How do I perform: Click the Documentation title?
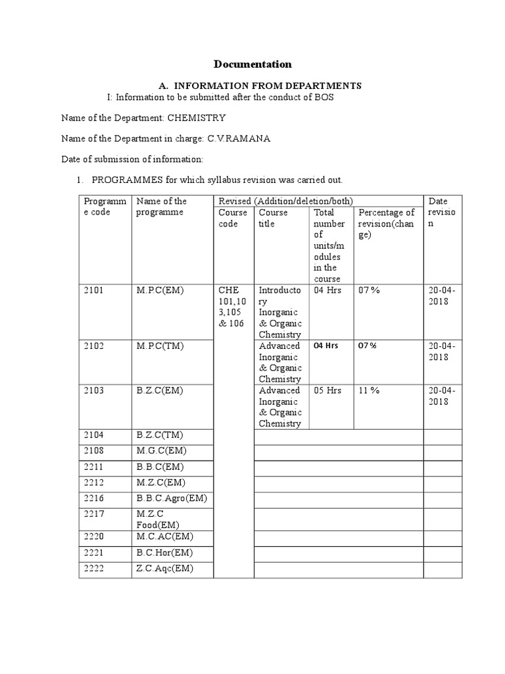252,65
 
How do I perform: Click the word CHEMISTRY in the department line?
197,118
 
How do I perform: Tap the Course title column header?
273,218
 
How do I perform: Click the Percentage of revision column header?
386,223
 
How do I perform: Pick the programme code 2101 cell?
94,290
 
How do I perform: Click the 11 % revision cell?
369,390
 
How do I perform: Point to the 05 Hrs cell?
327,390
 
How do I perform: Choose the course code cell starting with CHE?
233,306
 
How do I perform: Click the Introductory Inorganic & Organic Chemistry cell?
280,312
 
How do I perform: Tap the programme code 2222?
94,569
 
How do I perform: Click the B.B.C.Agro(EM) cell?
171,498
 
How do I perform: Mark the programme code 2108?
94,450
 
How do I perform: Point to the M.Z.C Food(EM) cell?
158,519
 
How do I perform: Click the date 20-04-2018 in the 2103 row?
441,396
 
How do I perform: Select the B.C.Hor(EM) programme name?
164,553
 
